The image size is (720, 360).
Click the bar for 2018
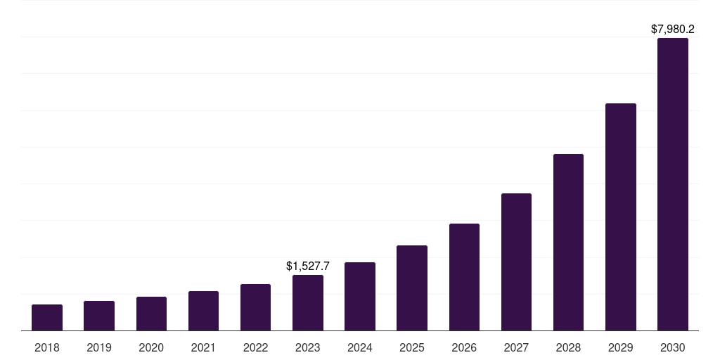click(47, 318)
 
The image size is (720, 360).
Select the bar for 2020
click(151, 314)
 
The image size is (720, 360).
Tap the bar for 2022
click(255, 307)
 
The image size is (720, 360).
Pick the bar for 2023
click(308, 303)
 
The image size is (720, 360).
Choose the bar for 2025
click(412, 288)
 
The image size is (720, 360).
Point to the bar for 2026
click(464, 277)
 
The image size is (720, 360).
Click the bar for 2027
click(516, 262)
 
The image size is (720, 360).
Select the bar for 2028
click(568, 243)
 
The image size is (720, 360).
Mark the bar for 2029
click(621, 217)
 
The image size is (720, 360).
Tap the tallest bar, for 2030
click(673, 184)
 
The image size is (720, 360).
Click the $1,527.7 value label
click(308, 266)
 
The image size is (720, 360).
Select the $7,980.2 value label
click(673, 30)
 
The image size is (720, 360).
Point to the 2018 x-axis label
click(47, 347)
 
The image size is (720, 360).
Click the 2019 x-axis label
click(99, 347)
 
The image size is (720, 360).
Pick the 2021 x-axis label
click(203, 347)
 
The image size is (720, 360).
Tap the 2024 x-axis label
click(360, 347)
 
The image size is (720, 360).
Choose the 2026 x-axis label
click(464, 347)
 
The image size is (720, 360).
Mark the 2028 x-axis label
click(568, 347)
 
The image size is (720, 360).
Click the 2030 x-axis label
click(673, 347)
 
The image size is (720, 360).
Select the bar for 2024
click(360, 297)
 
